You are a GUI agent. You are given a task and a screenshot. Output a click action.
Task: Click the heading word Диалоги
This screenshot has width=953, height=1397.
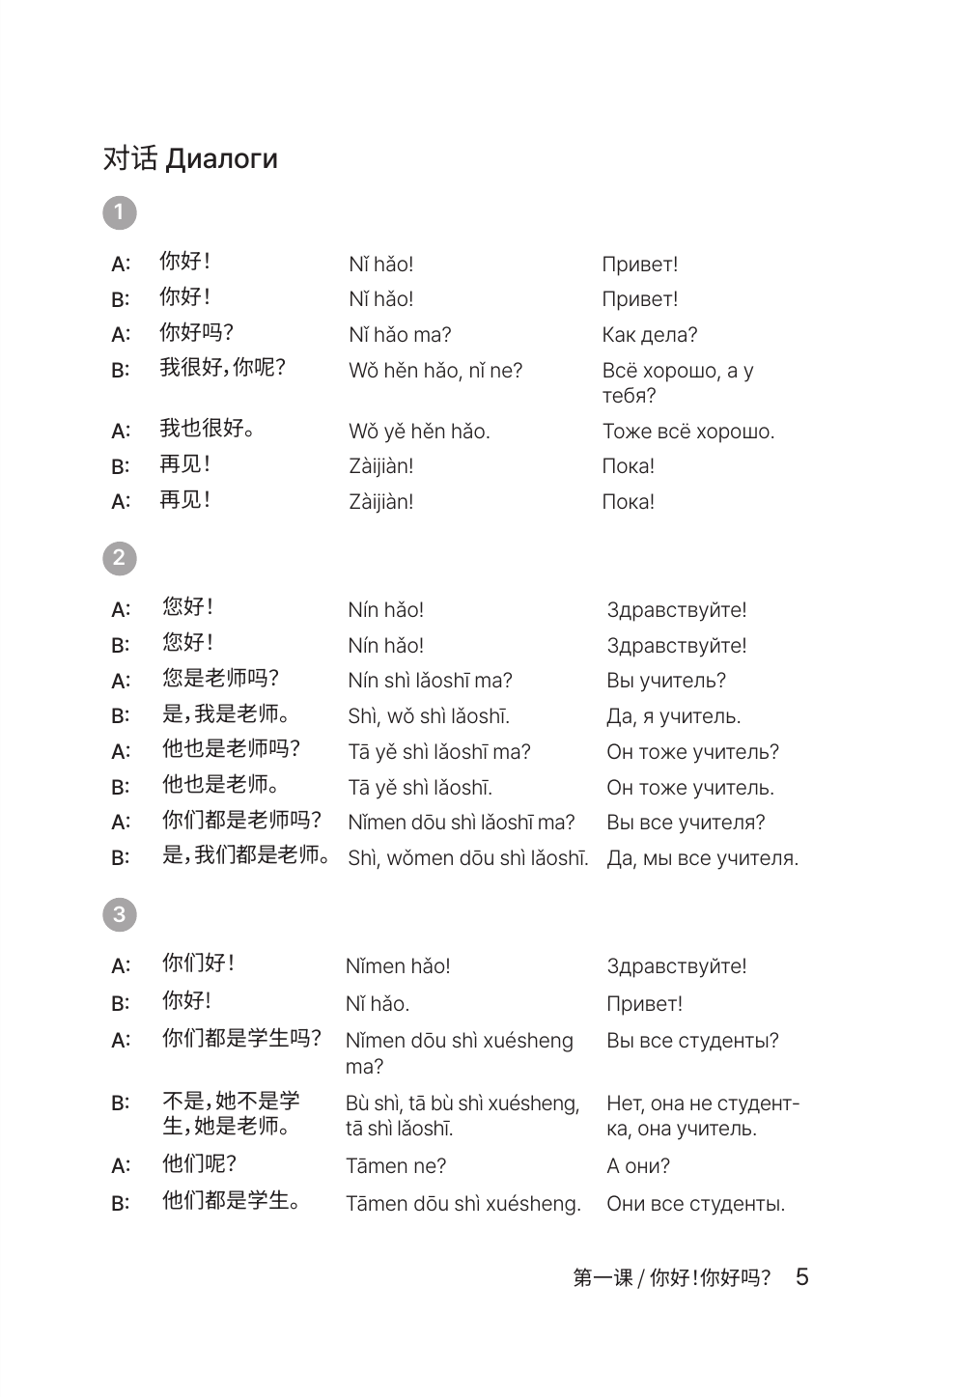(221, 159)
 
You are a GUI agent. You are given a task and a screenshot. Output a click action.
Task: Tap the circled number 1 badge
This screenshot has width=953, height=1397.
(119, 212)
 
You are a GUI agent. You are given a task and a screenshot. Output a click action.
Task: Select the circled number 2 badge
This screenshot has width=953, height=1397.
(119, 557)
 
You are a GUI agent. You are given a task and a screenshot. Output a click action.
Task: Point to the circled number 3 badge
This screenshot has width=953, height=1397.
(119, 914)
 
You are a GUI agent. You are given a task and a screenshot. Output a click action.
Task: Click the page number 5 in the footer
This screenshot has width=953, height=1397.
(801, 1277)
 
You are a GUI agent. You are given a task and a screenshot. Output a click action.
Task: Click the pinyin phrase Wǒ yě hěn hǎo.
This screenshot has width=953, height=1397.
(419, 432)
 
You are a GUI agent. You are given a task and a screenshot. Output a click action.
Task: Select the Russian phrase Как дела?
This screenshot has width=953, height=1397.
(649, 335)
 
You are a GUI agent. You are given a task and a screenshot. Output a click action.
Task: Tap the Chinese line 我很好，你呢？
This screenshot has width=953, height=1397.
(222, 368)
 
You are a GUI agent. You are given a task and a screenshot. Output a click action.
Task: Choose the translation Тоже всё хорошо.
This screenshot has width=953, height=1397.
(687, 432)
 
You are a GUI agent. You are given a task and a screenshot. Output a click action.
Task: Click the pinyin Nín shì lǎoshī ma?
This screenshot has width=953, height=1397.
(430, 681)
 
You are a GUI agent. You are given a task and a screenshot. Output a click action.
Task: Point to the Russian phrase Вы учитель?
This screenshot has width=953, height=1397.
(666, 681)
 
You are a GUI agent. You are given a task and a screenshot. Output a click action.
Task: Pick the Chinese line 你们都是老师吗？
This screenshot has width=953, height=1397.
(241, 821)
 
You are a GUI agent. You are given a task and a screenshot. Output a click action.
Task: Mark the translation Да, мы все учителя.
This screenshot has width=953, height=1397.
(702, 858)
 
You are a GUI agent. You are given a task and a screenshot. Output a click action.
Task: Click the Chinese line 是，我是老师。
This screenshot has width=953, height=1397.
(226, 714)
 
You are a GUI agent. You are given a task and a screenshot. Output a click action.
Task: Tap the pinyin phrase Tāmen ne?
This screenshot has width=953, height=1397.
(396, 1166)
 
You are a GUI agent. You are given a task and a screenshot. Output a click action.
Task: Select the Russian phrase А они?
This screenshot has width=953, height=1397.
(637, 1166)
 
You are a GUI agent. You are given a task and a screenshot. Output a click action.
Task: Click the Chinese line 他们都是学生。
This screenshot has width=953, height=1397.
(231, 1201)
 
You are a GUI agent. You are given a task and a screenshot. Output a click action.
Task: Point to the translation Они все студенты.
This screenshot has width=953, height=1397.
(695, 1204)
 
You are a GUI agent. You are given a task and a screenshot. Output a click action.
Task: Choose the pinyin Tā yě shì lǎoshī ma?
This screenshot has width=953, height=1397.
(438, 752)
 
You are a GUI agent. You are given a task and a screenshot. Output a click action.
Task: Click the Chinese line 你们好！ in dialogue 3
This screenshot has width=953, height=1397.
(198, 964)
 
